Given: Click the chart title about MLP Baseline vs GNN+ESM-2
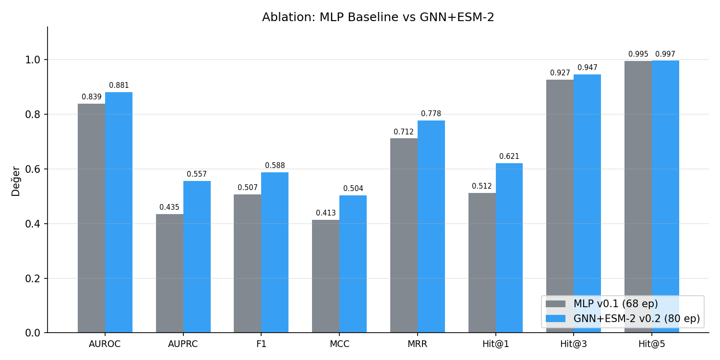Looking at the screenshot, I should click(x=378, y=17).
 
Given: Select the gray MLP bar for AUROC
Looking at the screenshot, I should click(x=91, y=218).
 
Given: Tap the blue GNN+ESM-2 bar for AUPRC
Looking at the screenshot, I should click(x=197, y=257).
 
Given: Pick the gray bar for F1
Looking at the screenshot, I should click(x=247, y=264).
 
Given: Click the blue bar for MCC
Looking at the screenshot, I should click(x=353, y=264).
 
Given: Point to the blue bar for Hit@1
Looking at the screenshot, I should click(x=509, y=248).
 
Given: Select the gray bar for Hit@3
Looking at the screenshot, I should click(x=560, y=206).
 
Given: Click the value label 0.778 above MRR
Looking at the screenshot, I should click(x=431, y=114).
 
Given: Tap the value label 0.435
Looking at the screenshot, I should click(x=169, y=207).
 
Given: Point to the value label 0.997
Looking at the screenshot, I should click(x=665, y=54).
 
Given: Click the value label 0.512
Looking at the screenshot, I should click(x=481, y=186).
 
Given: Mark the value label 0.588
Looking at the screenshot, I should click(x=275, y=166).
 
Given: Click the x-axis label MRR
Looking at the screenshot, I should click(x=417, y=344).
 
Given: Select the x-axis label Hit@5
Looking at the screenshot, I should click(x=651, y=344).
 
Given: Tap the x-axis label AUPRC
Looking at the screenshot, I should click(x=183, y=344).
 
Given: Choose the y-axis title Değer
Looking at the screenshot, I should click(x=16, y=181).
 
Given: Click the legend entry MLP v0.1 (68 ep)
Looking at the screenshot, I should click(x=615, y=304).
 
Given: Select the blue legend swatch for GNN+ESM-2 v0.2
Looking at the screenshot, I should click(x=556, y=319).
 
